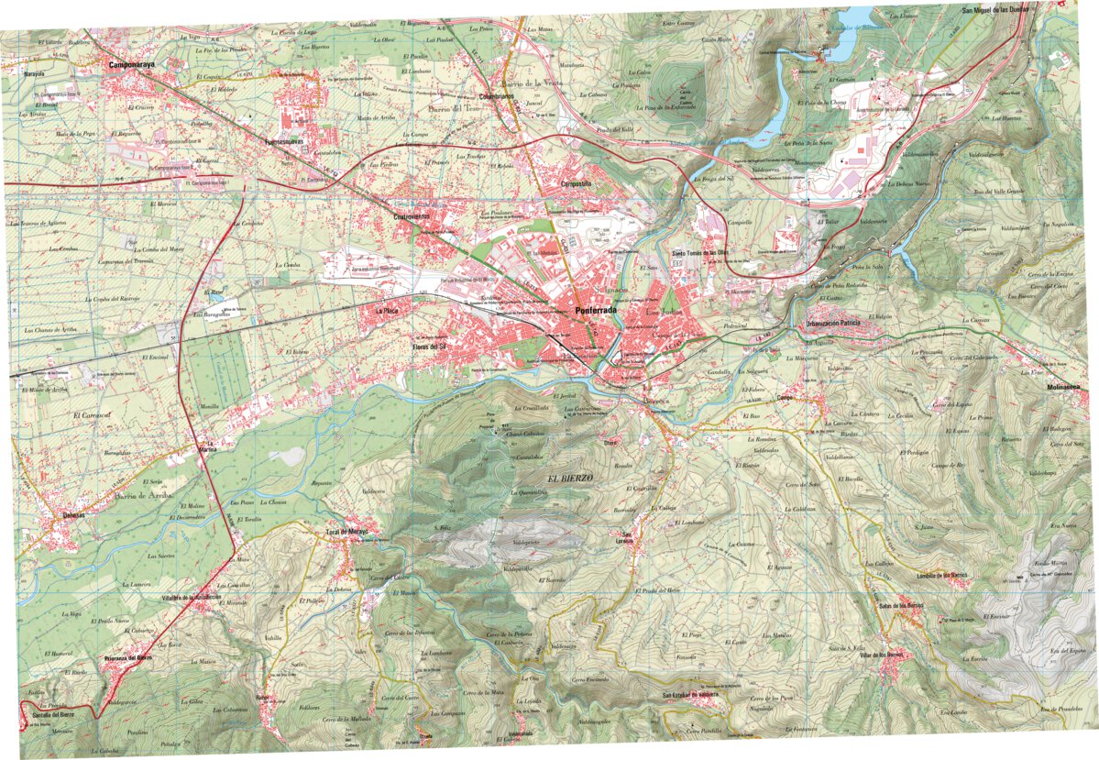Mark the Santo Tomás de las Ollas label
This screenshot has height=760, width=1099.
click(700, 253)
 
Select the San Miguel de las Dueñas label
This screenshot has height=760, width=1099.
click(995, 9)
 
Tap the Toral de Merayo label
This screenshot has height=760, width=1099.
click(346, 532)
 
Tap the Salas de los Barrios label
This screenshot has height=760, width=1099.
click(899, 605)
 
